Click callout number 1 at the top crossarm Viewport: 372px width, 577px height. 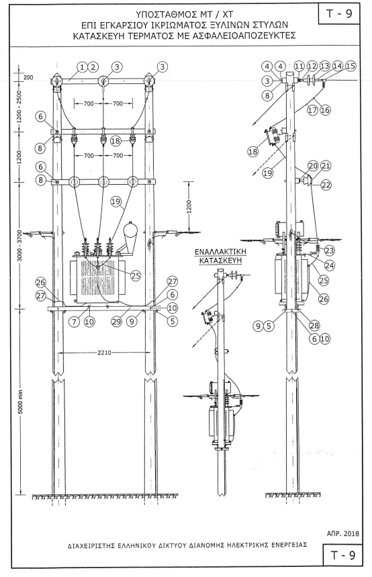pyautogui.click(x=83, y=66)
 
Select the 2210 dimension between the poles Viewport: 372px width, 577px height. pyautogui.click(x=104, y=353)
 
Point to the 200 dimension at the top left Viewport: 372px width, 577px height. pyautogui.click(x=28, y=78)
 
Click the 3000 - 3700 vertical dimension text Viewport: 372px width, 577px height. pyautogui.click(x=20, y=246)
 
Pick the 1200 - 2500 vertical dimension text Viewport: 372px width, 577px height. pyautogui.click(x=20, y=106)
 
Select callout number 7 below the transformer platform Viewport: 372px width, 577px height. pyautogui.click(x=75, y=321)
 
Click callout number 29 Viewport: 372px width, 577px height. pyautogui.click(x=117, y=321)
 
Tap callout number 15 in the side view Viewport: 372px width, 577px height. pyautogui.click(x=351, y=66)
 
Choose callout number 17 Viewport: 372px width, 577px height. pyautogui.click(x=312, y=109)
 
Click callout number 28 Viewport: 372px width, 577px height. pyautogui.click(x=314, y=325)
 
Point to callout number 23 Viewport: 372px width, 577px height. pyautogui.click(x=329, y=251)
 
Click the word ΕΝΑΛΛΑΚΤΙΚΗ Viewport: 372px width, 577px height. pyautogui.click(x=220, y=252)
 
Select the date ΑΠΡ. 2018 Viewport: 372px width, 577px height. pyautogui.click(x=342, y=533)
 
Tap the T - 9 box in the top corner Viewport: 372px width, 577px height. pyautogui.click(x=339, y=13)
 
